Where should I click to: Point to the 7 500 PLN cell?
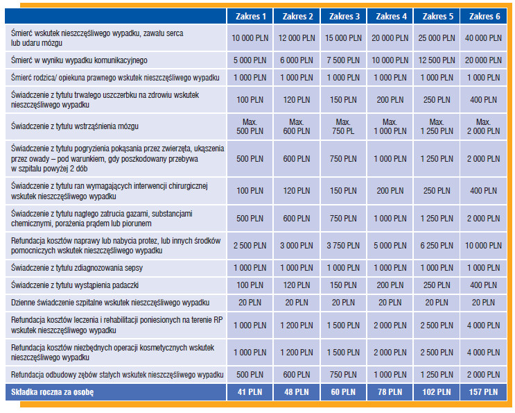click(x=344, y=60)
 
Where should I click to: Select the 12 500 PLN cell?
click(x=437, y=60)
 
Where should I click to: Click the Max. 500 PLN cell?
click(x=250, y=127)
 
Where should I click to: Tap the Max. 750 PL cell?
click(x=344, y=127)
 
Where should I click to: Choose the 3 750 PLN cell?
click(x=344, y=246)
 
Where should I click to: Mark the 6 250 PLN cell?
click(x=437, y=246)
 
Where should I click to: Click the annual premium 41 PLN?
click(x=250, y=392)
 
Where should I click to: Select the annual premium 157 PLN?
click(x=482, y=392)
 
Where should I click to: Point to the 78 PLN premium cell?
click(x=390, y=392)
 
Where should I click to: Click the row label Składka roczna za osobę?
click(x=53, y=392)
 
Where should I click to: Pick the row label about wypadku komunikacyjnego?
click(x=80, y=60)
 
